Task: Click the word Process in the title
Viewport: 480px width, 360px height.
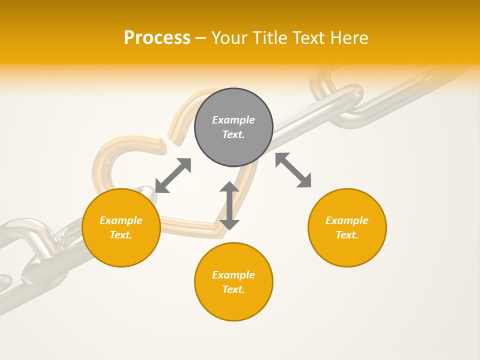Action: [x=157, y=38]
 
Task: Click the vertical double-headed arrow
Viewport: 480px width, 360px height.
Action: [x=229, y=205]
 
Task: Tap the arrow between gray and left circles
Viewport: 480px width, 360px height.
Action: [x=173, y=175]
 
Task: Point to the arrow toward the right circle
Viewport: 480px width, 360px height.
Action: [x=293, y=170]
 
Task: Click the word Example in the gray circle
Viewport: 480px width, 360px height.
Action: [x=233, y=120]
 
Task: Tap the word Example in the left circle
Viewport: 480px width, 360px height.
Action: [x=121, y=220]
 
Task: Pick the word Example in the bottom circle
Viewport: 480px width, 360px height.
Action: [x=233, y=275]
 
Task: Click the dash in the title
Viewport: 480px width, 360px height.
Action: [x=201, y=38]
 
